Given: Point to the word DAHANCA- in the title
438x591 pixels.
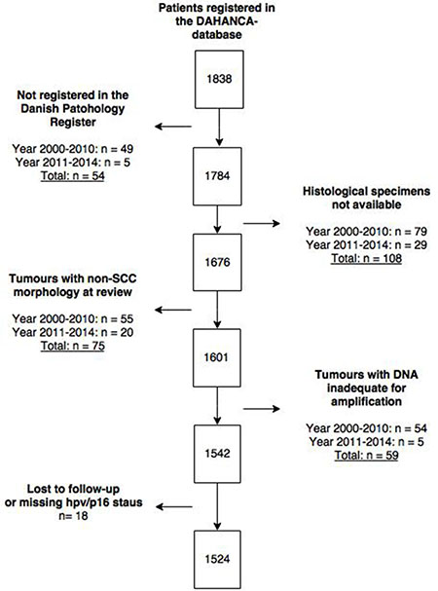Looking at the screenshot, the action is click(217, 21).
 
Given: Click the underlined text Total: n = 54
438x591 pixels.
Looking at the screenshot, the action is click(73, 176).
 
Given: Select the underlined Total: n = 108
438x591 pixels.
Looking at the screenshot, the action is click(366, 259).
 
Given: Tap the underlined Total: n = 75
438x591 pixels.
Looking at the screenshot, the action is click(73, 346).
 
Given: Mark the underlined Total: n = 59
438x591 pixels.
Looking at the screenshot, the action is click(366, 456).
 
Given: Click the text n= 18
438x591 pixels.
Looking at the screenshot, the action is click(73, 515).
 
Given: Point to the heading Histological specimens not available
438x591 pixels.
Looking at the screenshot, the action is click(366, 198).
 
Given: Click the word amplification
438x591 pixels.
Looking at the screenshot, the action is click(366, 401).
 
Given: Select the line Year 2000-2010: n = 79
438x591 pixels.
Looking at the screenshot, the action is click(366, 231).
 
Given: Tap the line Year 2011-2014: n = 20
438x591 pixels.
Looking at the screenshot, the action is click(73, 332).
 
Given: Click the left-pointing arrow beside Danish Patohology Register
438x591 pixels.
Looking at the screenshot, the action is click(173, 127).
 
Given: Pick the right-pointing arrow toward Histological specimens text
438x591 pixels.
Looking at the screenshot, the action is click(262, 224).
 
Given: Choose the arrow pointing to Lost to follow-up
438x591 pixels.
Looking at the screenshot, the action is click(174, 507).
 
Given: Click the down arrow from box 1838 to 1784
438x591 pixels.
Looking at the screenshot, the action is click(219, 128).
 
